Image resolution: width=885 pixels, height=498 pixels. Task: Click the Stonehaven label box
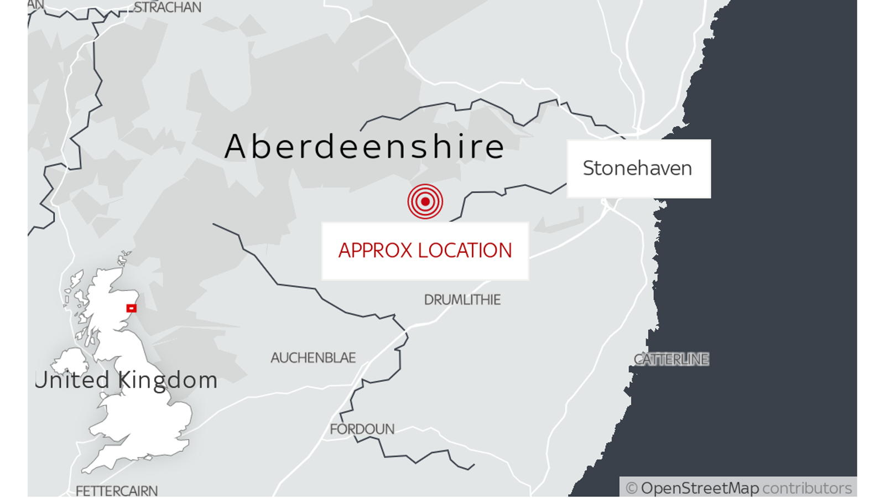pos(638,169)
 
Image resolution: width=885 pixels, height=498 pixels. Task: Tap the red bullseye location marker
pos(425,201)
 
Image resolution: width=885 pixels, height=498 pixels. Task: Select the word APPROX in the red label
pos(375,251)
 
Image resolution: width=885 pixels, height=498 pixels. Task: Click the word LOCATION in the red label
pos(465,251)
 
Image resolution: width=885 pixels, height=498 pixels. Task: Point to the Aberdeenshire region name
pos(364,147)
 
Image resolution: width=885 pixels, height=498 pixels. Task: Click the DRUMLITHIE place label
pos(462,300)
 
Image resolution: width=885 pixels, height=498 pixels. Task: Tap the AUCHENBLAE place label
pos(313,358)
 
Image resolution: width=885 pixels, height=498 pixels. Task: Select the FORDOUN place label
pos(362,429)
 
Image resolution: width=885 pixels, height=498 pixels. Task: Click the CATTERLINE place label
pos(671,360)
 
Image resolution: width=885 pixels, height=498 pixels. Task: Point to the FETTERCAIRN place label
pos(116,491)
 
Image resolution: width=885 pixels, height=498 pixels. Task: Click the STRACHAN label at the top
pos(168,7)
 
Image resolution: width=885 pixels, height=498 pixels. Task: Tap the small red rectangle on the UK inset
pos(131,308)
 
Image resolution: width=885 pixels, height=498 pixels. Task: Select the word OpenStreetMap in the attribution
pos(700,488)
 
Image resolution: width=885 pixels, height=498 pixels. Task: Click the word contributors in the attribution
pos(806,488)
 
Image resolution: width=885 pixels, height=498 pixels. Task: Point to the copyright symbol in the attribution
pos(631,488)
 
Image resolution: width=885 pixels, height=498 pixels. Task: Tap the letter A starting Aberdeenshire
pos(235,147)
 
